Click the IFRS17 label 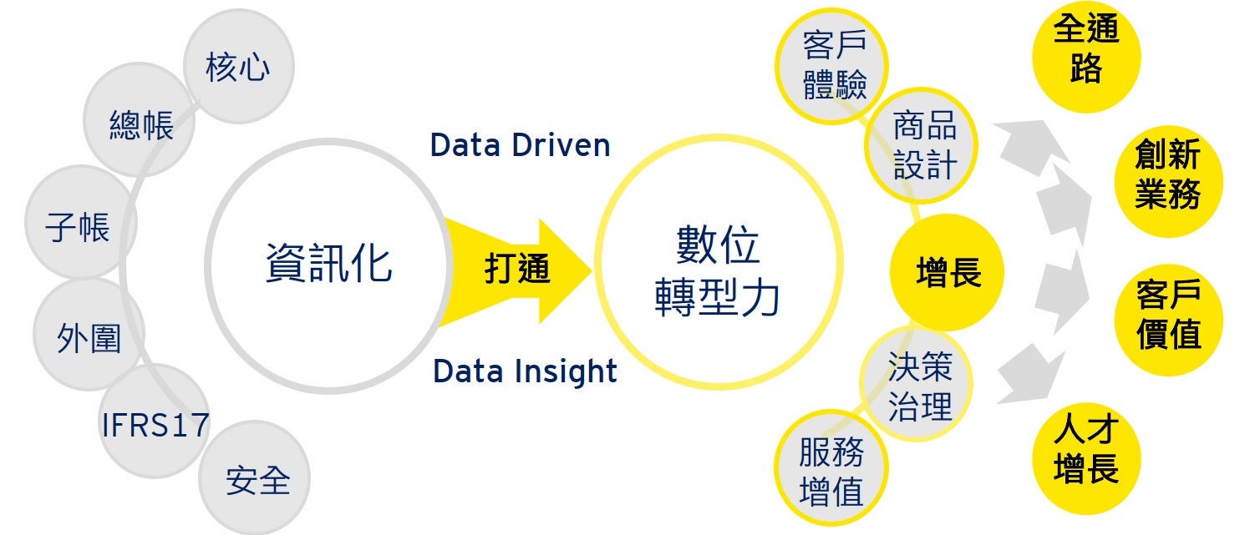point(155,425)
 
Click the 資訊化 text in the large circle point(328,262)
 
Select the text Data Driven point(520,145)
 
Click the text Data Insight point(525,371)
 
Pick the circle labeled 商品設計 point(922,145)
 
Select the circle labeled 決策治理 point(918,385)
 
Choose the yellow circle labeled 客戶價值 point(1167,315)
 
